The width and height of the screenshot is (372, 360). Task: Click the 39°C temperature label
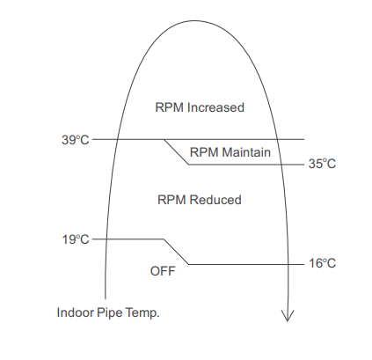[x=75, y=140]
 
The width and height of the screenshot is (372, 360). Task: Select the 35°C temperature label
[x=322, y=164]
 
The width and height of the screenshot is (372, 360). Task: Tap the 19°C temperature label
[x=75, y=239]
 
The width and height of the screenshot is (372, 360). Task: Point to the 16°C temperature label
[x=322, y=263]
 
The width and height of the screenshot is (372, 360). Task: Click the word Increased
[x=215, y=107]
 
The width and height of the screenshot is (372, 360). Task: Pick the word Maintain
[x=246, y=152]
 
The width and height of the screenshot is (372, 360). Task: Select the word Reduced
[x=215, y=200]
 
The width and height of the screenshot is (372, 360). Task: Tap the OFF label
[x=163, y=271]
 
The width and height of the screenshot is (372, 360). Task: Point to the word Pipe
[x=110, y=313]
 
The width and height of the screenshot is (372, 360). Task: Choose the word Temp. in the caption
[x=142, y=313]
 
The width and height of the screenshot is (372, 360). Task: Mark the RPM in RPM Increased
[x=170, y=107]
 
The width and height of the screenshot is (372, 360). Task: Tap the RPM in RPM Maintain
[x=204, y=152]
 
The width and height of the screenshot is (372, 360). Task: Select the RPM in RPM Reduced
[x=171, y=200]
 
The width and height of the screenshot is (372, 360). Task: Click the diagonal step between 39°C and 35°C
[x=176, y=152]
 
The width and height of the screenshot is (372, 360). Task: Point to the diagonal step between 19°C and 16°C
[x=176, y=252]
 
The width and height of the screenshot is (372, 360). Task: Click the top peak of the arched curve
[x=195, y=20]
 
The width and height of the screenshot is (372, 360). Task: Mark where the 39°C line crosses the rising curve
[x=117, y=139]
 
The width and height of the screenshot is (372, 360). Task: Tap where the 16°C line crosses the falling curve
[x=287, y=264]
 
